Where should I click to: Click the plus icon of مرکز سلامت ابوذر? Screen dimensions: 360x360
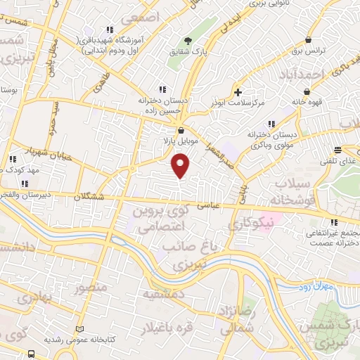(238, 92)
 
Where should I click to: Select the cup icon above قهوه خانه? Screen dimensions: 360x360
(307, 91)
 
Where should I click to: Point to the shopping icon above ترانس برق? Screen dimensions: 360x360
(308, 40)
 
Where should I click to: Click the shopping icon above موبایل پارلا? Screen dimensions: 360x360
(181, 130)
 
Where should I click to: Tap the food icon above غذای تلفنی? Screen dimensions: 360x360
(337, 149)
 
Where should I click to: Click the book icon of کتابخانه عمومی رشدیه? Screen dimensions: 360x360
(79, 329)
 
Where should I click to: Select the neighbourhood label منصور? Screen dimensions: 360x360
(91, 288)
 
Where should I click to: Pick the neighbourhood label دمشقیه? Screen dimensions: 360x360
(165, 295)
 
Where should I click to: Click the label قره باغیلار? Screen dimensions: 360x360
(148, 328)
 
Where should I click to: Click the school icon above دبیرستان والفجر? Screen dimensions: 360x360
(25, 184)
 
